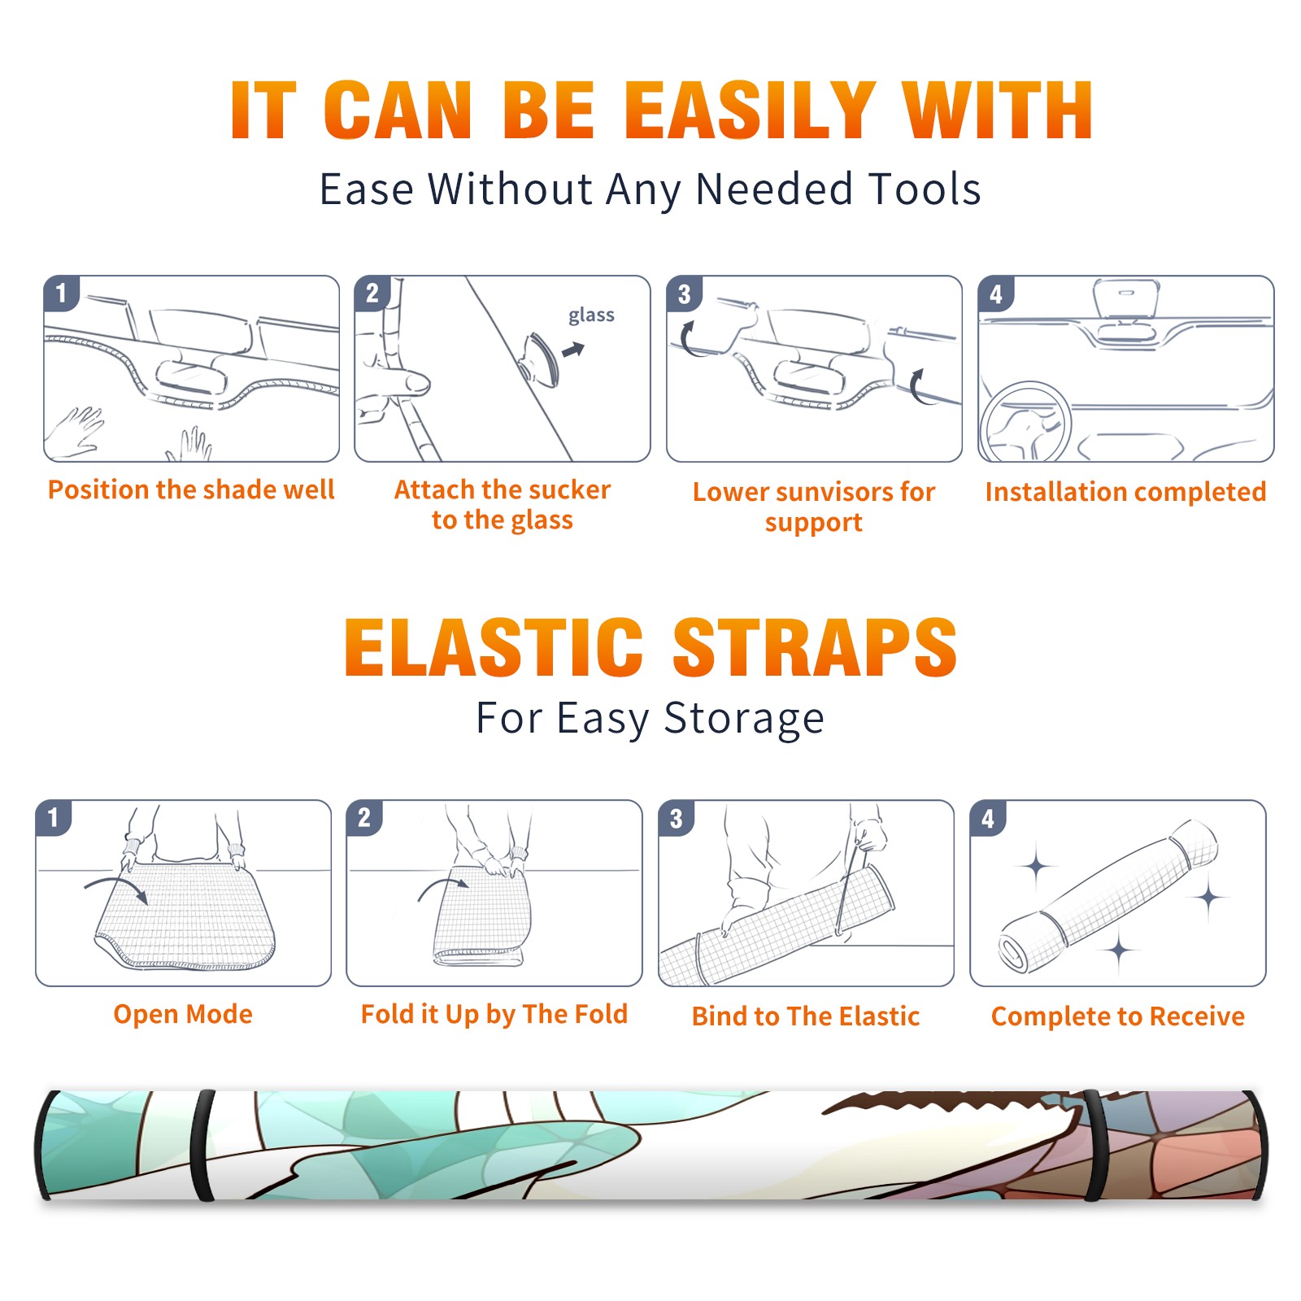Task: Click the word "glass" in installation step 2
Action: click(591, 315)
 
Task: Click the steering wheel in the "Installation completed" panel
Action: click(1025, 422)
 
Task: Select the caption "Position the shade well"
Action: click(191, 490)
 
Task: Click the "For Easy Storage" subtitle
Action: click(650, 718)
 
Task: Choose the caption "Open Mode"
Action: click(183, 1014)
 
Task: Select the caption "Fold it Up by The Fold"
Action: click(494, 1014)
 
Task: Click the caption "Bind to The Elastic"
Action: click(806, 1016)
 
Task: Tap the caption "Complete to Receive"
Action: click(1118, 1016)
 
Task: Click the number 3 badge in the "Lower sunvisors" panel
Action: click(684, 294)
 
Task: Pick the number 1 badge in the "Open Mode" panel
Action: click(54, 817)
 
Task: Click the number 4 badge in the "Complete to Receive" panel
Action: click(988, 818)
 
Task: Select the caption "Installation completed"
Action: click(1125, 491)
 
